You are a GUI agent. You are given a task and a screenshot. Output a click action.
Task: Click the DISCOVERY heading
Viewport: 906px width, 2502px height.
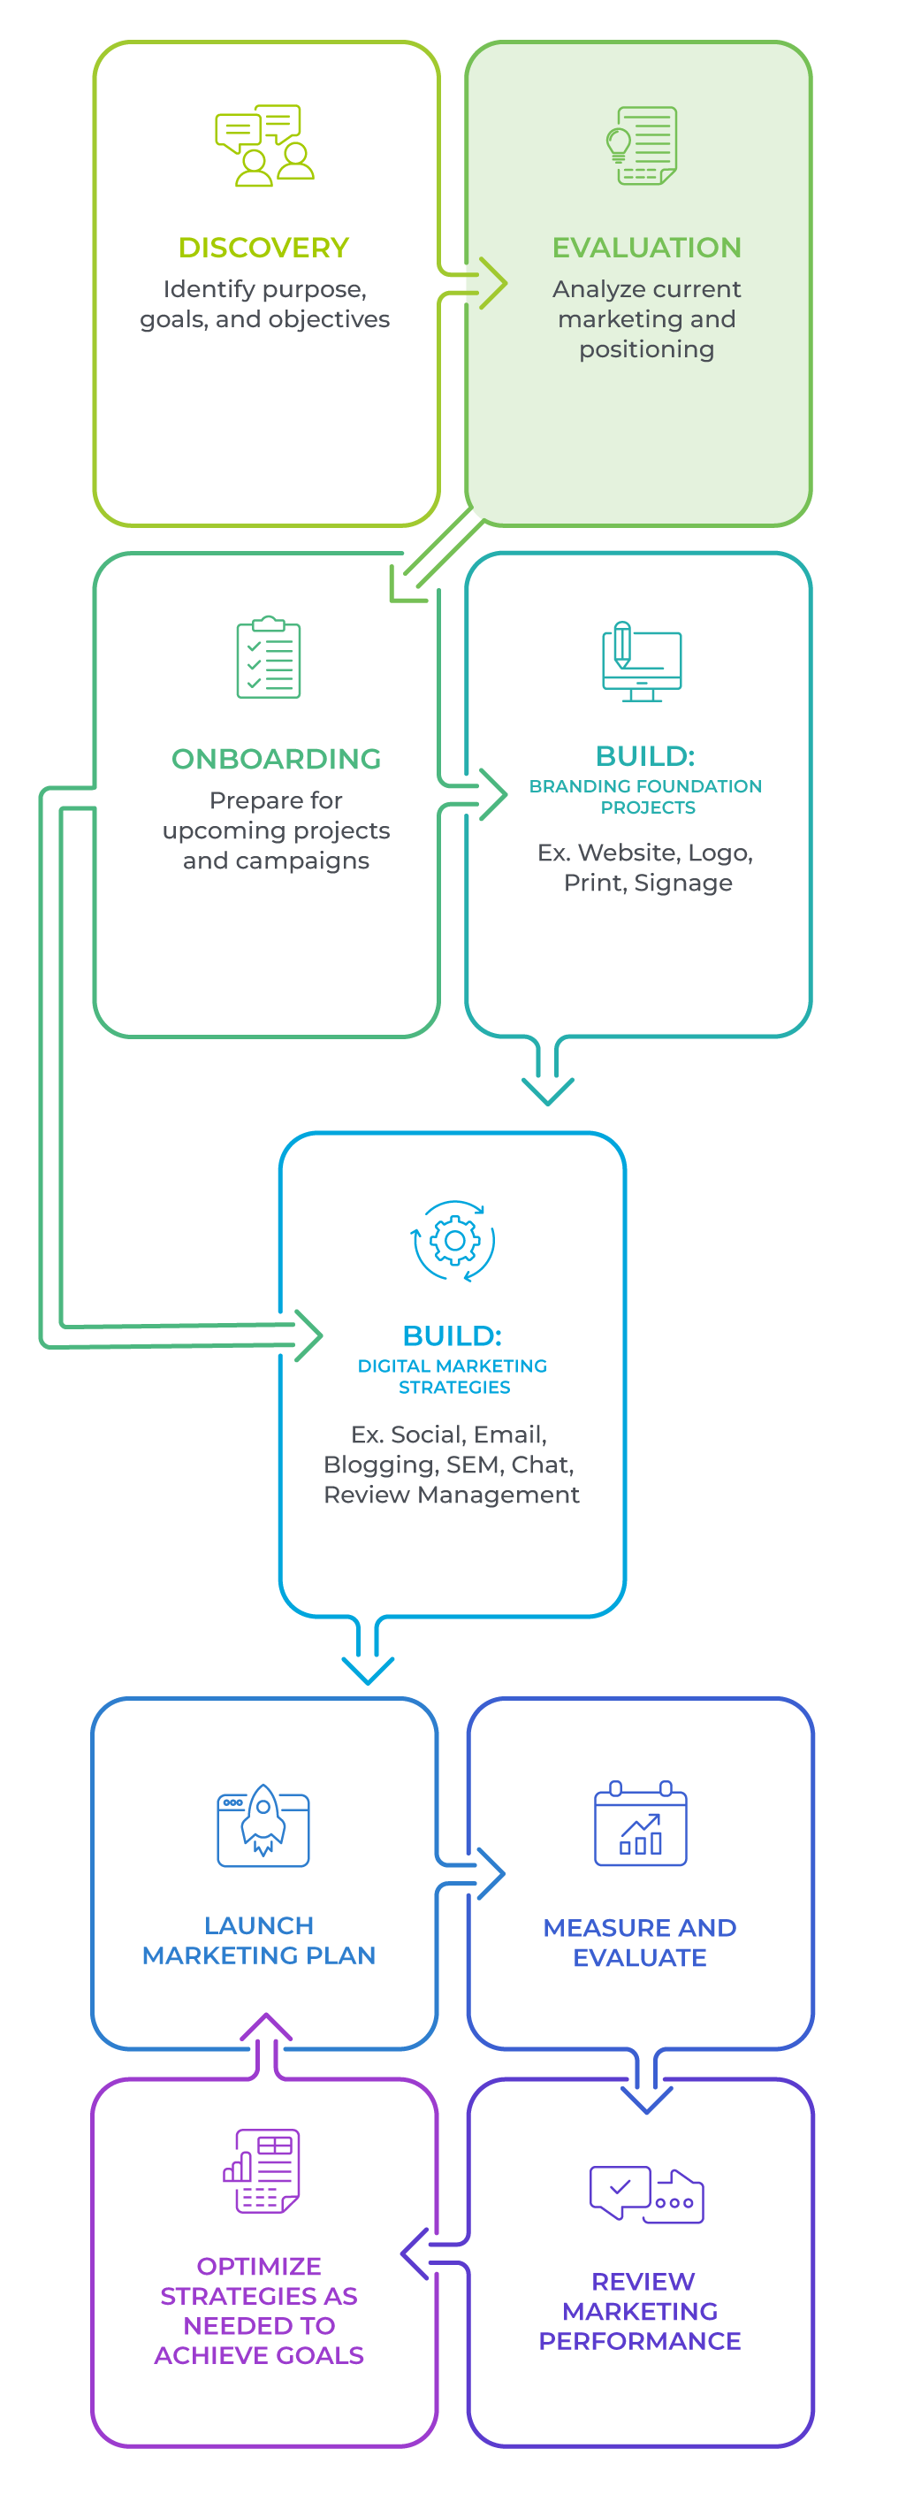[x=263, y=248]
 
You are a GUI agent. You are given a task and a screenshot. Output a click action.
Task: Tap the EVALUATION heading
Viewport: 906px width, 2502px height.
[x=646, y=248]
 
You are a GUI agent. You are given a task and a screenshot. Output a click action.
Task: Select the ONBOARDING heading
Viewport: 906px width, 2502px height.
[x=276, y=759]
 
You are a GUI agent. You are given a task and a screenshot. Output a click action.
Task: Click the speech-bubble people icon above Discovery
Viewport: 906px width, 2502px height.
[x=264, y=146]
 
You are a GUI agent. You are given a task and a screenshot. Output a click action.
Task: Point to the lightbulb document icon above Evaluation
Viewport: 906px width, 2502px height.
[x=641, y=146]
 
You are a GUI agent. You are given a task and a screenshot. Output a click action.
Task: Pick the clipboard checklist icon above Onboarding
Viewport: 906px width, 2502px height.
[x=268, y=657]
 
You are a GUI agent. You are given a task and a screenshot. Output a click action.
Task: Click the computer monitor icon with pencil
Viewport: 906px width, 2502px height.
[x=641, y=661]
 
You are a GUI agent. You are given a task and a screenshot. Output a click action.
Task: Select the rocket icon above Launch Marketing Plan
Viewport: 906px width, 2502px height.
[x=263, y=1823]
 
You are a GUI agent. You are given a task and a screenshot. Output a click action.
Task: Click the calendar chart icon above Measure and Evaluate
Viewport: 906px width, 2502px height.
[x=640, y=1824]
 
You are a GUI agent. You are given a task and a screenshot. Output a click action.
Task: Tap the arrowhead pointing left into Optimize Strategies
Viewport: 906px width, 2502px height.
[x=411, y=2253]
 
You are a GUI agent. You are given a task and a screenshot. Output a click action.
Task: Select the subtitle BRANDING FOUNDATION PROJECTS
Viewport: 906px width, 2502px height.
[x=646, y=797]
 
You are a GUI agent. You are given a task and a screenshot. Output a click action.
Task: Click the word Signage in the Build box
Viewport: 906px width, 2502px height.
[x=682, y=883]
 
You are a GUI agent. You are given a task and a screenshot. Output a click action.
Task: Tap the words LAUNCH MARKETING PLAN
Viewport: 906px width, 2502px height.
[x=258, y=1940]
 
